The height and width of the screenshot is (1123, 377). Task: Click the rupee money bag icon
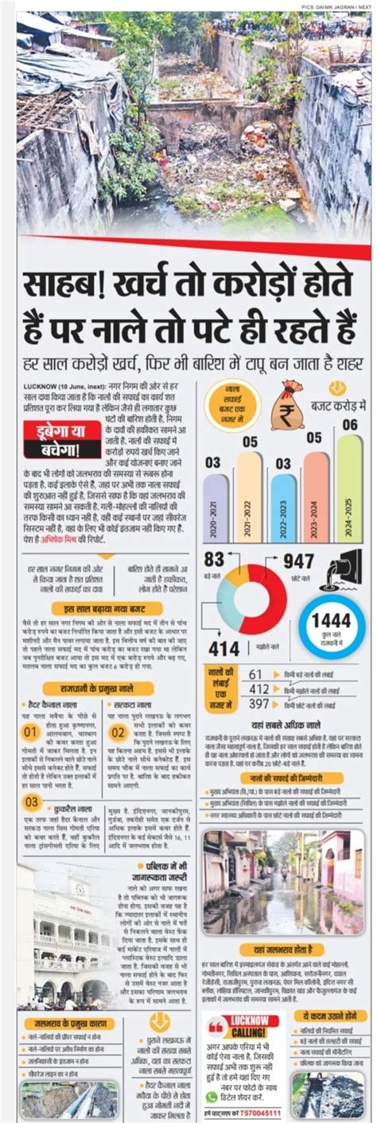[x=286, y=406]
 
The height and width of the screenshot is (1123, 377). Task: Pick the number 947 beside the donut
[x=298, y=562]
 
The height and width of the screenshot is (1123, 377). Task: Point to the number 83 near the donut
[x=215, y=558]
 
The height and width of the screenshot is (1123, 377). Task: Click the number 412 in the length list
[x=259, y=689]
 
